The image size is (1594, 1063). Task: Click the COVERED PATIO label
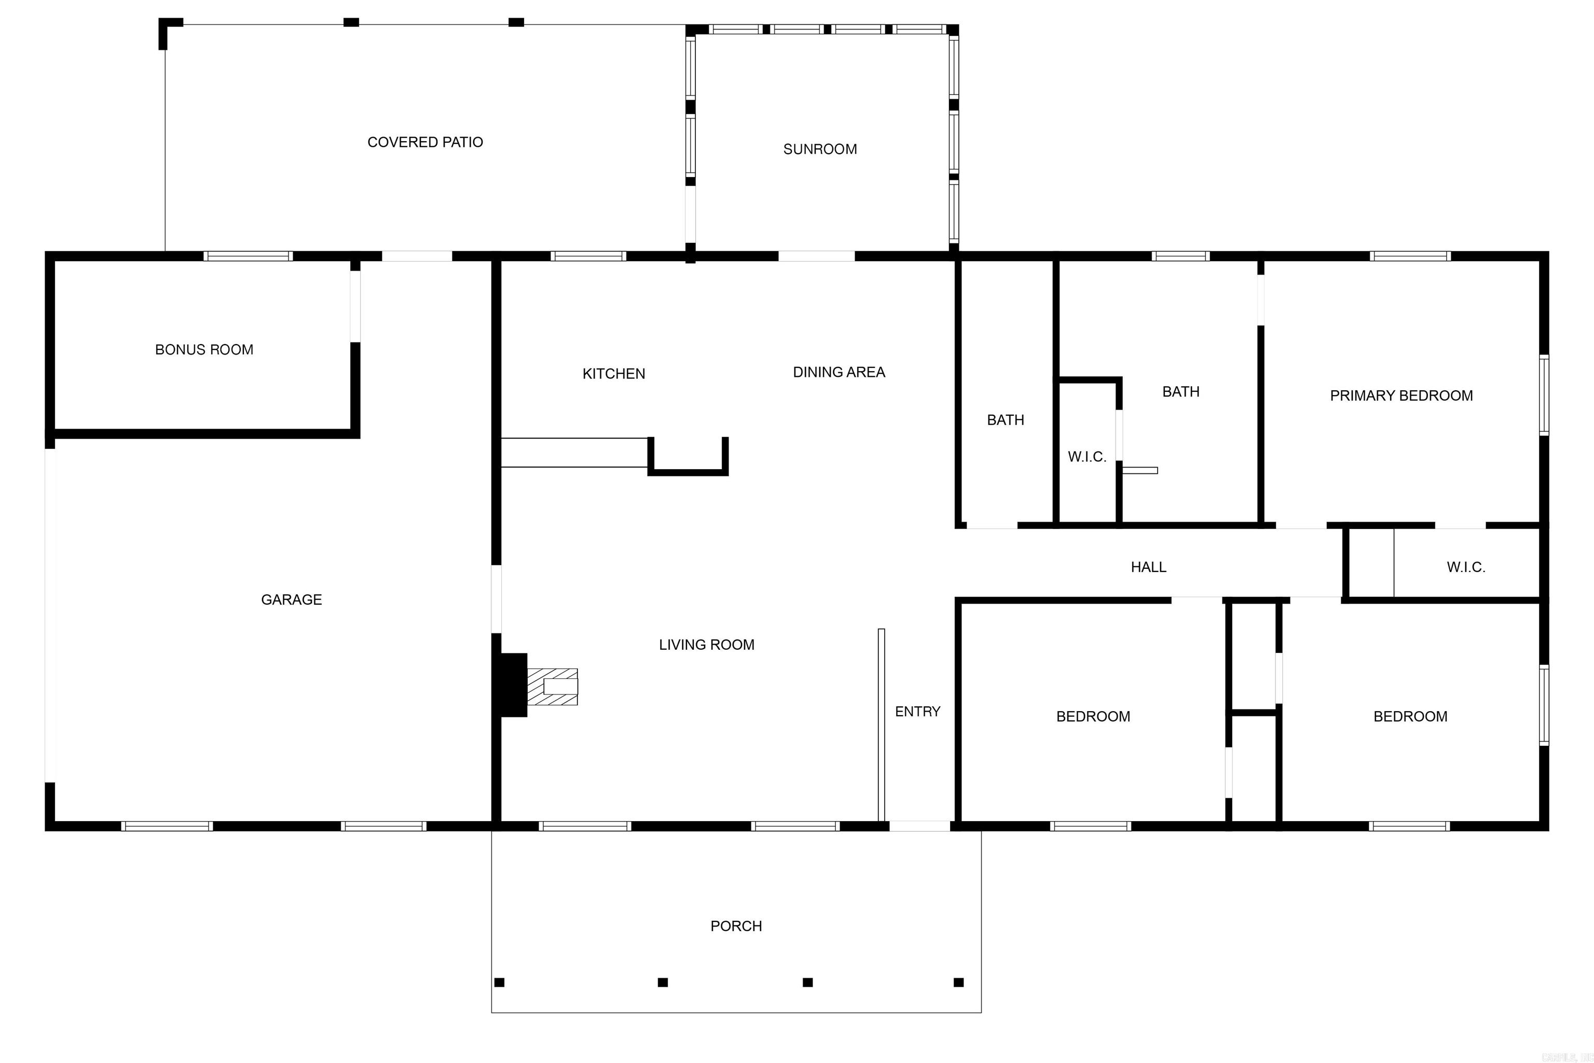tap(425, 142)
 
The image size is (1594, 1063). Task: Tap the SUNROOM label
tap(820, 149)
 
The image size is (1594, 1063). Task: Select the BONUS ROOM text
tap(204, 350)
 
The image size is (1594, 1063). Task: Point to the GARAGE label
tap(292, 600)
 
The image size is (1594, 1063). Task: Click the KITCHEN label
tap(613, 374)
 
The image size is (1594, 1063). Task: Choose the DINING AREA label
tap(839, 372)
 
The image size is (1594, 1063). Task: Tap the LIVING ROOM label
tap(706, 645)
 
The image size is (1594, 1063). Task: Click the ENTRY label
tap(917, 711)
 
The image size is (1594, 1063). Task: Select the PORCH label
tap(736, 926)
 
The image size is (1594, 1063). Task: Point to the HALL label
tap(1148, 567)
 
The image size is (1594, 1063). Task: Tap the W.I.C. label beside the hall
tap(1466, 567)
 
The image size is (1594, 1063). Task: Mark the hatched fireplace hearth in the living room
tap(552, 687)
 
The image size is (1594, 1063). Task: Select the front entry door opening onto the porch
tap(919, 826)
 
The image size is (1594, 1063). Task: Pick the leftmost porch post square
tap(500, 983)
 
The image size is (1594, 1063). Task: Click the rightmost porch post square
tap(958, 983)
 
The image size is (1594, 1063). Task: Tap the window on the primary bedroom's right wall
tap(1544, 394)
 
